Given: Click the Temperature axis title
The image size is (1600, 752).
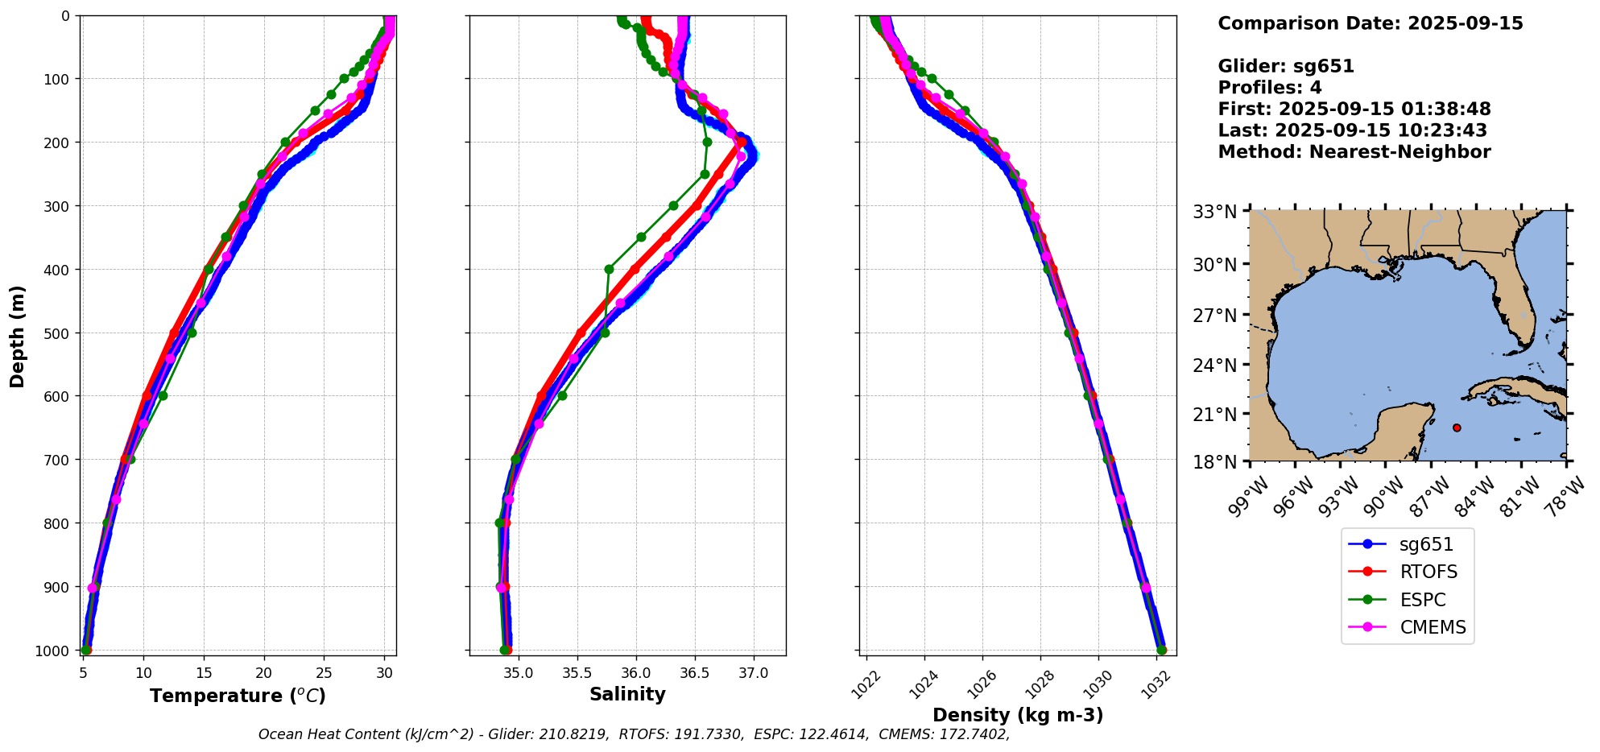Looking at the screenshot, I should [x=238, y=696].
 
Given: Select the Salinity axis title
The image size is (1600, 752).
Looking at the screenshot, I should [x=627, y=695].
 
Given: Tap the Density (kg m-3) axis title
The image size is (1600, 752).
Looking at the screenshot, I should [x=1018, y=715].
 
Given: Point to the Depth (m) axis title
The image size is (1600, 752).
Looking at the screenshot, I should [x=18, y=336].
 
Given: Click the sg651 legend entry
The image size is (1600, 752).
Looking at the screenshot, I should [x=1426, y=544].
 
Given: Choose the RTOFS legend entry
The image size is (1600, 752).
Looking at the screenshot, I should [x=1428, y=572].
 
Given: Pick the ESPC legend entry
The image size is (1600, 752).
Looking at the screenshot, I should [x=1422, y=600].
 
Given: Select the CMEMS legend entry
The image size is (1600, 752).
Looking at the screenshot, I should [x=1433, y=628].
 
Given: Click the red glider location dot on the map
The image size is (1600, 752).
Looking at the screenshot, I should [x=1457, y=428].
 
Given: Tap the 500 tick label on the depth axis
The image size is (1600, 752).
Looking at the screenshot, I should [x=60, y=333].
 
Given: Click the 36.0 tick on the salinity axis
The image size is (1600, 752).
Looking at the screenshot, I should [x=635, y=673].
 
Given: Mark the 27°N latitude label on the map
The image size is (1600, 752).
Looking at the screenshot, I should [x=1214, y=315].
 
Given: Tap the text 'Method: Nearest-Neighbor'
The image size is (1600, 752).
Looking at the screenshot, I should [x=1354, y=152].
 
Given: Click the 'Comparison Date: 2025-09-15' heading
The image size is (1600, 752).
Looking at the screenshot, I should [x=1370, y=23].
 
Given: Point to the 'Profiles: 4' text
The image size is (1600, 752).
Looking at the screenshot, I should [x=1269, y=88].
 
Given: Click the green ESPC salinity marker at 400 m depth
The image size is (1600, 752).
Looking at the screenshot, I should [x=609, y=269].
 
